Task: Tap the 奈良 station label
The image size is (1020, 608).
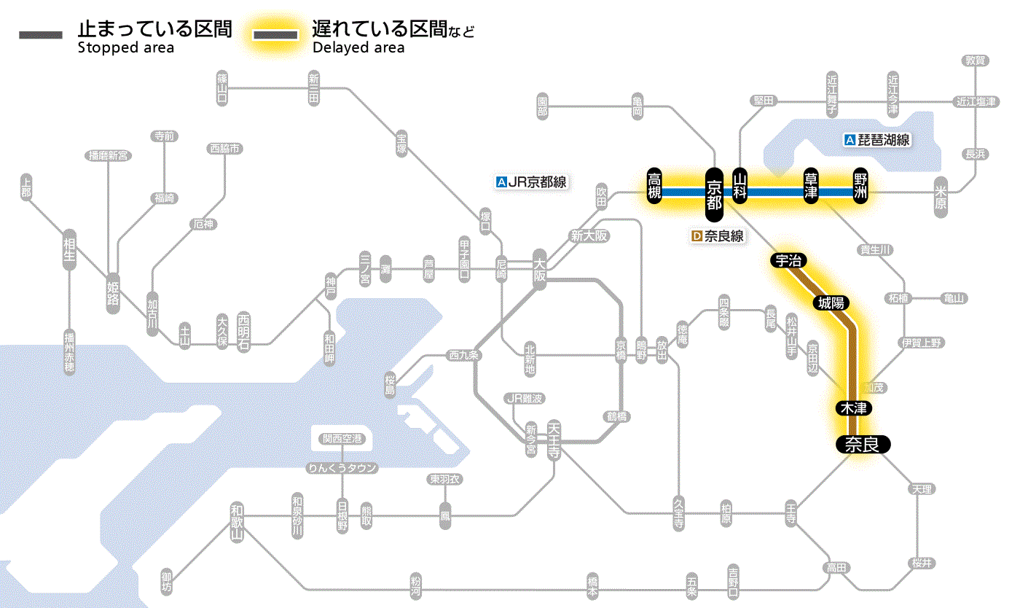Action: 862,444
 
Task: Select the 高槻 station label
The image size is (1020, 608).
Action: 655,187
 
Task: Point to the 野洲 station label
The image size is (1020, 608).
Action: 861,187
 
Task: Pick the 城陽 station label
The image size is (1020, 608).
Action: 831,303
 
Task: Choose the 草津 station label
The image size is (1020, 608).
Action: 810,187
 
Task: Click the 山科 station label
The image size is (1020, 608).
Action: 740,187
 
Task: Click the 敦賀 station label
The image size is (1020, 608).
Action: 975,61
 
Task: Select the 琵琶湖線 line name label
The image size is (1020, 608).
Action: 882,140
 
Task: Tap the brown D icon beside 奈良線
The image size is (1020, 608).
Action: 697,236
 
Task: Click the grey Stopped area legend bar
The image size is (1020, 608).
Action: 41,35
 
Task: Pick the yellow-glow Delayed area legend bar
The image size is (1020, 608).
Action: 275,35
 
